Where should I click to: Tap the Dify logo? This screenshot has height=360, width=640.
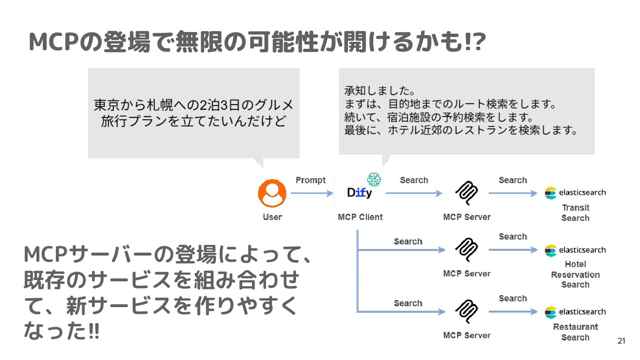click(360, 193)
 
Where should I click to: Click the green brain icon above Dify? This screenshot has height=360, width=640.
click(374, 179)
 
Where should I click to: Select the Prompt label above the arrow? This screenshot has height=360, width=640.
click(311, 180)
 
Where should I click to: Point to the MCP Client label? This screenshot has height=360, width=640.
click(360, 217)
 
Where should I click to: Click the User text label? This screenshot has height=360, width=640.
click(272, 217)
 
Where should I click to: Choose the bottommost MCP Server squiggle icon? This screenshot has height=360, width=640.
click(467, 312)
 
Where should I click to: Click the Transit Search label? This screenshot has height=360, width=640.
click(576, 212)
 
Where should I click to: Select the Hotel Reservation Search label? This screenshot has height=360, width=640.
click(576, 274)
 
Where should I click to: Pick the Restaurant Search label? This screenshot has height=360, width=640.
click(576, 332)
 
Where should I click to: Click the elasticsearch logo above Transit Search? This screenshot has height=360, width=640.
click(575, 193)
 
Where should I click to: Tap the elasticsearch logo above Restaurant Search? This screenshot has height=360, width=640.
click(575, 312)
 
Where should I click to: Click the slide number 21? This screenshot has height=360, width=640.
click(621, 341)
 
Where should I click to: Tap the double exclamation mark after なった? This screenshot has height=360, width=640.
click(94, 332)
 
